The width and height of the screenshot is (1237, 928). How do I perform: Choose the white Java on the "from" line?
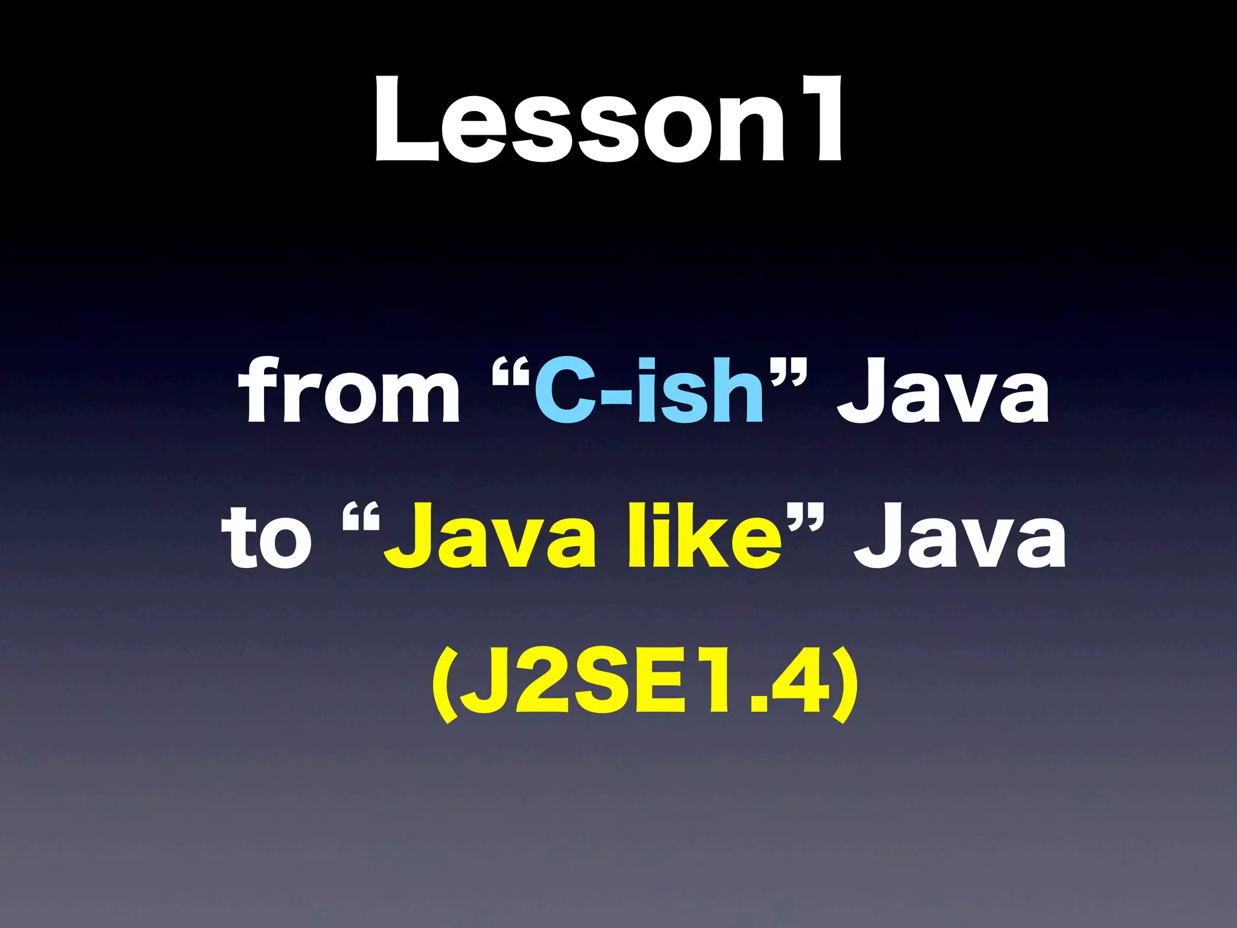942,391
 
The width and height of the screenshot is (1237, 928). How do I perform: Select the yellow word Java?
489,538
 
